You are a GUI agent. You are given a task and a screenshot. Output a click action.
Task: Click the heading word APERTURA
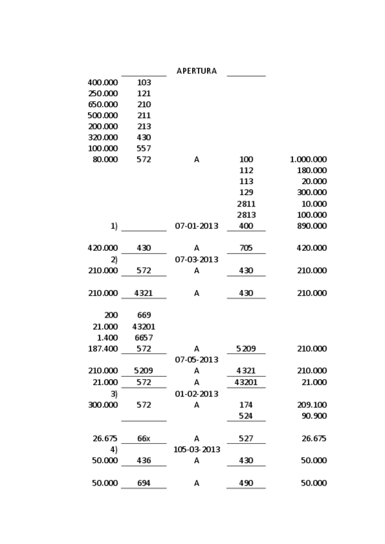coord(197,71)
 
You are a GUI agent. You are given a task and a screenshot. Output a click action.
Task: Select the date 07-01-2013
coord(197,226)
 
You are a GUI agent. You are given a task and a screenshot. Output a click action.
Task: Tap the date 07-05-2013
coord(197,360)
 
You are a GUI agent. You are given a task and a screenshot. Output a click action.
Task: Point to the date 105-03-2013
coord(197,450)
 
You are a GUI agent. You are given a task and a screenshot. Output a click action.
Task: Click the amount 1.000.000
coord(308,160)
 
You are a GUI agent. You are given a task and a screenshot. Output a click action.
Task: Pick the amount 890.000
coord(312,226)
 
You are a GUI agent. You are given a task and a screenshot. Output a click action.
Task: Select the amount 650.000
coord(103,105)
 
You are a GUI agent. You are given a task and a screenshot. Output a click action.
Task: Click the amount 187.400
coord(103,349)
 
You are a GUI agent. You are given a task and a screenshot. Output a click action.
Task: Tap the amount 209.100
coord(312,405)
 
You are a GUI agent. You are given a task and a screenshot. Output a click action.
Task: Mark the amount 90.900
coord(314,416)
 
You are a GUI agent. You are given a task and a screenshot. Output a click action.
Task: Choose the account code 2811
coord(246,204)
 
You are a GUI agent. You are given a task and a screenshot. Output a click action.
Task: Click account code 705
coord(246,248)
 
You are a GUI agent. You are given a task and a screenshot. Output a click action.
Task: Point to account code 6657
coord(144,338)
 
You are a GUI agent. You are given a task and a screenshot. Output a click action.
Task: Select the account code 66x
coord(144,439)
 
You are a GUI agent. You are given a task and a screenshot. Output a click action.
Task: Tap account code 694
coord(144,483)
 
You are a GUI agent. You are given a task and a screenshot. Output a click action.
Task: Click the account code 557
coord(144,149)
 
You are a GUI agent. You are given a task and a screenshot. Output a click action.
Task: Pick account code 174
coord(246,405)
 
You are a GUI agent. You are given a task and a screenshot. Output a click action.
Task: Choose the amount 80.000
coord(105,160)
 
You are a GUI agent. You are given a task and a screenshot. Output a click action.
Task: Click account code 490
coord(246,483)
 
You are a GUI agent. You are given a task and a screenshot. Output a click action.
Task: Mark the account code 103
coord(144,83)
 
